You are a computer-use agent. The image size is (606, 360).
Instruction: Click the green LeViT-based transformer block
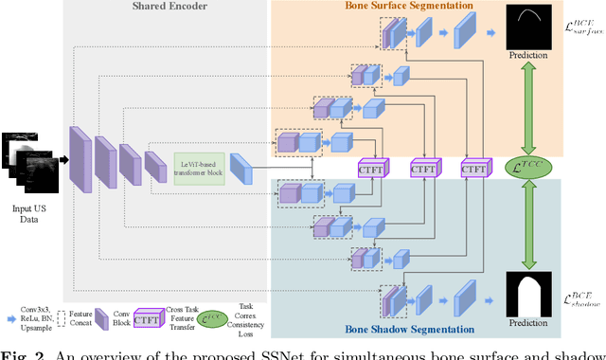point(199,168)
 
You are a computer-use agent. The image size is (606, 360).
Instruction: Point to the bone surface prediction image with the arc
point(529,27)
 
